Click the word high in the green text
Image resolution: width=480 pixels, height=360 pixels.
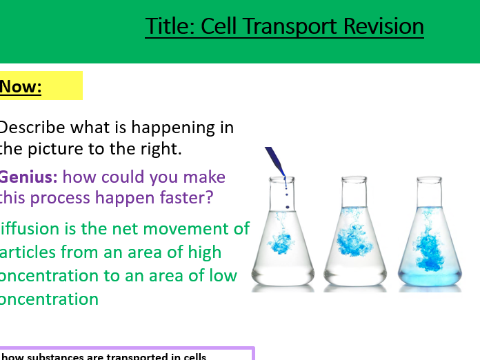202,252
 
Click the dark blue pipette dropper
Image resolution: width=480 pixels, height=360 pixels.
276,161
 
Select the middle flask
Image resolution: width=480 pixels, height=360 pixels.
357,241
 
